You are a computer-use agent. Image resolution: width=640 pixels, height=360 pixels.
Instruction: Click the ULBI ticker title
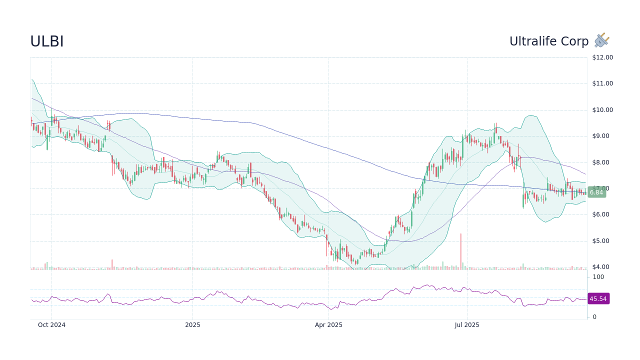[x=47, y=42]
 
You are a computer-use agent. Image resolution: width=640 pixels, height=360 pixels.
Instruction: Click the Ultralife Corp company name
[x=549, y=41]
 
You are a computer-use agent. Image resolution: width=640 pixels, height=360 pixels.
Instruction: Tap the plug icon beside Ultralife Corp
[x=601, y=40]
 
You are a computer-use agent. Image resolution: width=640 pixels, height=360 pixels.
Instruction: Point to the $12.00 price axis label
[x=602, y=57]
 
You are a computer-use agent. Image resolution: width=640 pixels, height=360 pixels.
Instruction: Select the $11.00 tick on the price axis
[x=602, y=83]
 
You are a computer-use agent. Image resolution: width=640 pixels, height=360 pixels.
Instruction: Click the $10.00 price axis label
[x=602, y=110]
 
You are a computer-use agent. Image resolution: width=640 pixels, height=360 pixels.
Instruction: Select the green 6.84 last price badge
[x=596, y=192]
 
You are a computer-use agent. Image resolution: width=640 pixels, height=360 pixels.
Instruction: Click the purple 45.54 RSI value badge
[x=598, y=299]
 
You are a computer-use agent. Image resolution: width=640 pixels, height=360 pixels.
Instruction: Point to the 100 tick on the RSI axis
[x=598, y=277]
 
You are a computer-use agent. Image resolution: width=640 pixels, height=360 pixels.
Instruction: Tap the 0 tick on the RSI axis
[x=594, y=317]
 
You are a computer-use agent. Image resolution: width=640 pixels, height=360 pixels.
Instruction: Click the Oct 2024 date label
[x=51, y=325]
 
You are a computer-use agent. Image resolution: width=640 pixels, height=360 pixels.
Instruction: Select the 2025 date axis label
[x=192, y=325]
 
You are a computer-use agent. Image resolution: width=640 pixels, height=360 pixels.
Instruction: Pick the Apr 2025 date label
[x=328, y=325]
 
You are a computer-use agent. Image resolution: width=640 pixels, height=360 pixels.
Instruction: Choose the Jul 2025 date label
[x=467, y=325]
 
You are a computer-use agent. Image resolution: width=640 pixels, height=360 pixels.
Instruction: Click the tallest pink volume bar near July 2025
[x=460, y=251]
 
